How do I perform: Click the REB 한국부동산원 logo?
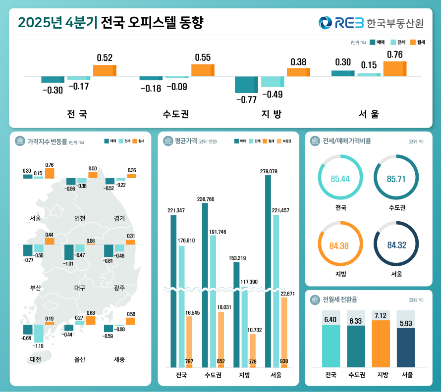(371, 23)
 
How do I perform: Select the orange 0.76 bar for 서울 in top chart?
(395, 69)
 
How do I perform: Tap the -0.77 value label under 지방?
(246, 99)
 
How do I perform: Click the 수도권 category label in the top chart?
(176, 114)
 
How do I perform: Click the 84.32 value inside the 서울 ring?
(396, 245)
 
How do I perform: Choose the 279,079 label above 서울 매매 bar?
(269, 171)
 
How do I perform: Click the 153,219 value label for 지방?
(236, 258)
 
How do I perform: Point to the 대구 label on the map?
(79, 288)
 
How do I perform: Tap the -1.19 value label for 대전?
(39, 346)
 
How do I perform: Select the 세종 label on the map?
(119, 359)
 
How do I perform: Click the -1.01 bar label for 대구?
(69, 264)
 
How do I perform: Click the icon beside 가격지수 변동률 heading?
(20, 141)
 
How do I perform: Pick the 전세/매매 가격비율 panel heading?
(346, 141)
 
